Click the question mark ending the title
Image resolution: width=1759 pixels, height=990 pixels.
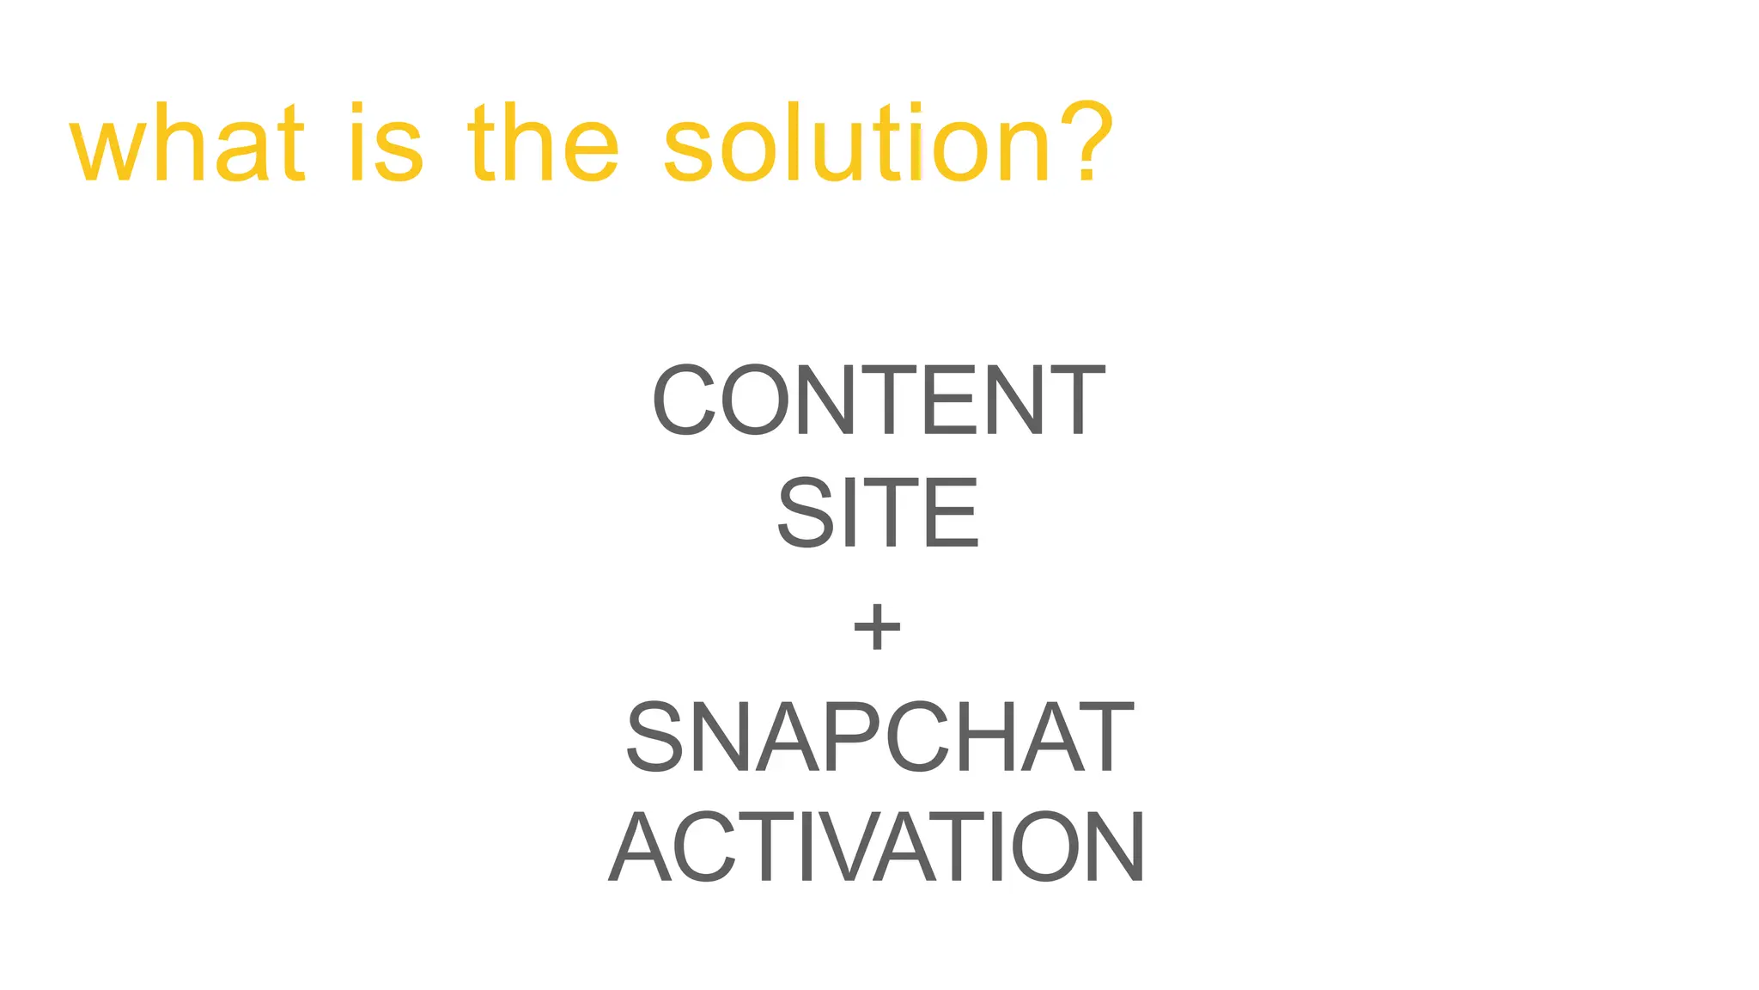(x=1087, y=143)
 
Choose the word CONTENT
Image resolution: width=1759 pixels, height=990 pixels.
(x=878, y=400)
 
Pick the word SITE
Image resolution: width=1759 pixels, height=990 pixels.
(x=878, y=513)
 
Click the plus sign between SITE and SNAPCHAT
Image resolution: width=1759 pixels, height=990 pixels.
(x=877, y=626)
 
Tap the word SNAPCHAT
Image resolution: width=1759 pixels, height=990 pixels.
(x=879, y=737)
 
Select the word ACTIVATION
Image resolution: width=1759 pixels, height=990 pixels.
(x=877, y=847)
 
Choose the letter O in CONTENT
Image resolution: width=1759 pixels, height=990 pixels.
(x=754, y=400)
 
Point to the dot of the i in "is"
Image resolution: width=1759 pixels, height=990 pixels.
(x=360, y=110)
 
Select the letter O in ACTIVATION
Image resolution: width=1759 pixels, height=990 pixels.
(x=1044, y=847)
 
